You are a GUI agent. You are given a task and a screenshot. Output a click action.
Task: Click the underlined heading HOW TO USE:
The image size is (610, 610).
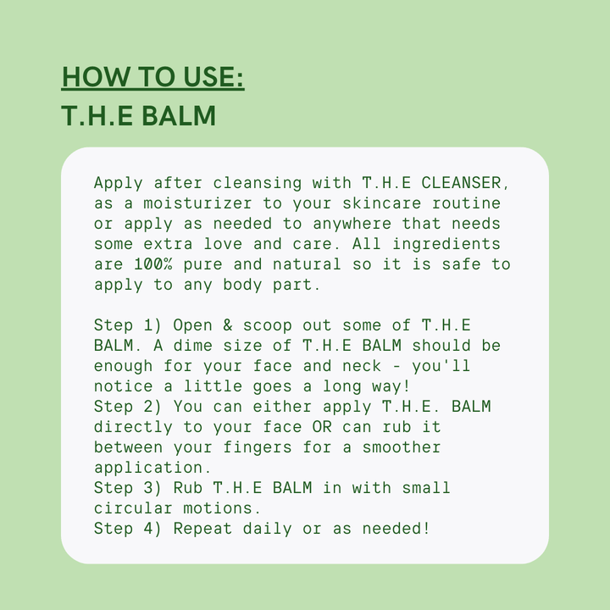[x=152, y=77]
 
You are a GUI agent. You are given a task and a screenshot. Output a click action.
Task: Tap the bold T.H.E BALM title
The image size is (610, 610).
[x=139, y=116]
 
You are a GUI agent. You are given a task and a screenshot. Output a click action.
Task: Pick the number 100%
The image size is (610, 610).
[x=152, y=264]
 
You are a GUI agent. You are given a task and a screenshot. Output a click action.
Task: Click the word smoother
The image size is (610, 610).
[x=402, y=447]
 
